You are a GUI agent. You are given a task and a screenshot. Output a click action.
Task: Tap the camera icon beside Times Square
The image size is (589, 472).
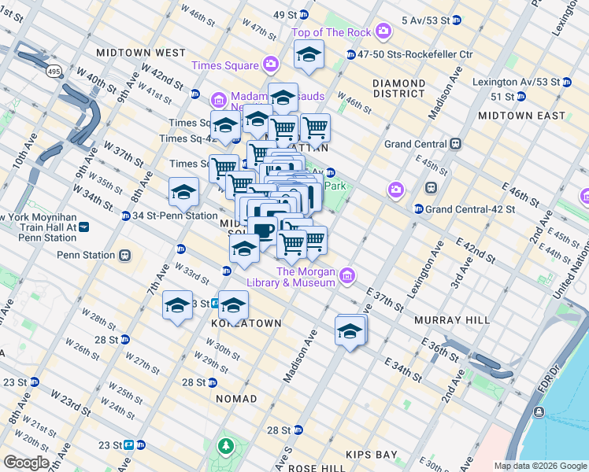pyautogui.click(x=271, y=65)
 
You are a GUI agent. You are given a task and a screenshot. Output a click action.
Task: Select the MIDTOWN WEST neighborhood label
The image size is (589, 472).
pyautogui.click(x=140, y=52)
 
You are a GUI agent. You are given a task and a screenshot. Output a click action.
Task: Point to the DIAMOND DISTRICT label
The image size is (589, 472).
pyautogui.click(x=398, y=89)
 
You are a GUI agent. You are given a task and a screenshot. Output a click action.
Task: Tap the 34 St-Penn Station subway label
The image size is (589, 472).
pyautogui.click(x=175, y=216)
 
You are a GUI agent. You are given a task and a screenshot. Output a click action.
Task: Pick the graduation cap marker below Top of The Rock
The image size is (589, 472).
pyautogui.click(x=309, y=55)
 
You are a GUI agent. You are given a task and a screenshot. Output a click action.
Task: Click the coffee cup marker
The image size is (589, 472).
pyautogui.click(x=262, y=229)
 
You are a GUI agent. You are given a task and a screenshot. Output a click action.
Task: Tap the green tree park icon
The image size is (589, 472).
pyautogui.click(x=226, y=447)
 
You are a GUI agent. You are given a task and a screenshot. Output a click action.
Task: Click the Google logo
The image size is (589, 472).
pyautogui.click(x=26, y=463)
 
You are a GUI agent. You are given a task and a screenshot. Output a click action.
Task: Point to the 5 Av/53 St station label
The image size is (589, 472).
pyautogui.click(x=424, y=20)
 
